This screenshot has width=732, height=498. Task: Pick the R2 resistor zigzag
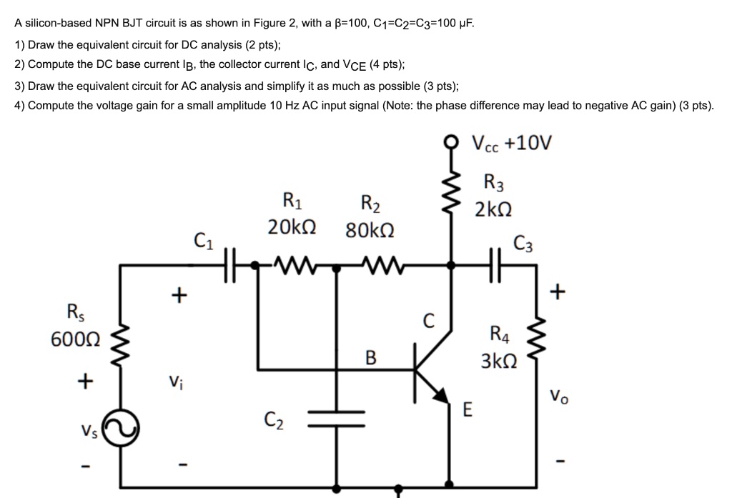(x=377, y=266)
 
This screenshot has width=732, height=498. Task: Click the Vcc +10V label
(x=512, y=141)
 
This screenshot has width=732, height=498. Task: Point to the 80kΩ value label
(x=369, y=231)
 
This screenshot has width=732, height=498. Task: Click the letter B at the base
(x=370, y=357)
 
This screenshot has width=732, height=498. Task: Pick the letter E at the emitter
(x=468, y=409)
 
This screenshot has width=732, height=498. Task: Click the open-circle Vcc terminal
(x=451, y=141)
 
